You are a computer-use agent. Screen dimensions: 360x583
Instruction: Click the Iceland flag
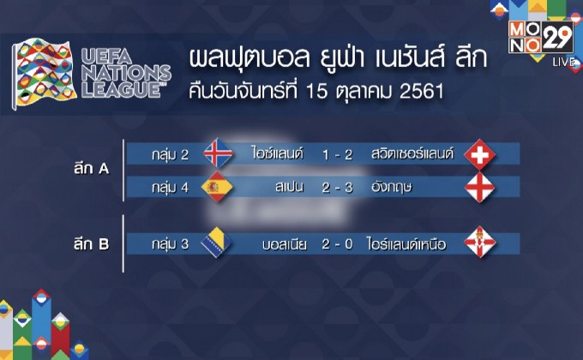218,153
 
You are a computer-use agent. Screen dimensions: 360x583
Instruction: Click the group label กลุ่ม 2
166,153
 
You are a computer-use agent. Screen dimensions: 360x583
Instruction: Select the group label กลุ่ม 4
166,187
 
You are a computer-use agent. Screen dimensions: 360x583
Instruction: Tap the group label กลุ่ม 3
166,243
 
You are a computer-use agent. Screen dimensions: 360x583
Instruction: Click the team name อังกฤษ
385,187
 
